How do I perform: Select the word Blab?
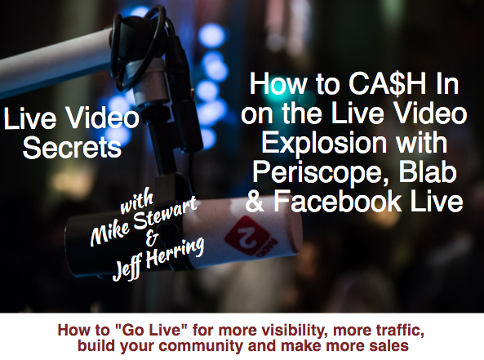[428, 171]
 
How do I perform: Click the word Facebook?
[337, 201]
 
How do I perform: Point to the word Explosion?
[324, 144]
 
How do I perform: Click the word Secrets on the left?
[72, 148]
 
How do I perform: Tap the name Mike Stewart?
[144, 220]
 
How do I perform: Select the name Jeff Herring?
[158, 259]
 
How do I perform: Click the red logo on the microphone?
[251, 236]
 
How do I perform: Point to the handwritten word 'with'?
[136, 202]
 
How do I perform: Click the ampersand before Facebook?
[255, 202]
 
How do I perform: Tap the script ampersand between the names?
[152, 238]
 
